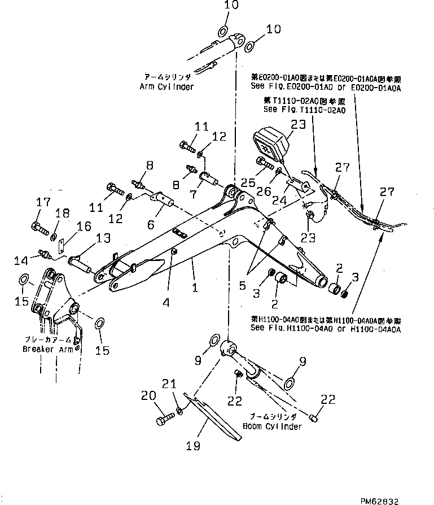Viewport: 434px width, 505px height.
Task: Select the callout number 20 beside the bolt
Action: click(148, 396)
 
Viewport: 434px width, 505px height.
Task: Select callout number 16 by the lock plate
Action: click(84, 226)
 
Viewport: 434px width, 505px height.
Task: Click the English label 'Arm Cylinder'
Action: click(166, 86)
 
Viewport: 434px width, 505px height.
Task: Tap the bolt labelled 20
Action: click(164, 420)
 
